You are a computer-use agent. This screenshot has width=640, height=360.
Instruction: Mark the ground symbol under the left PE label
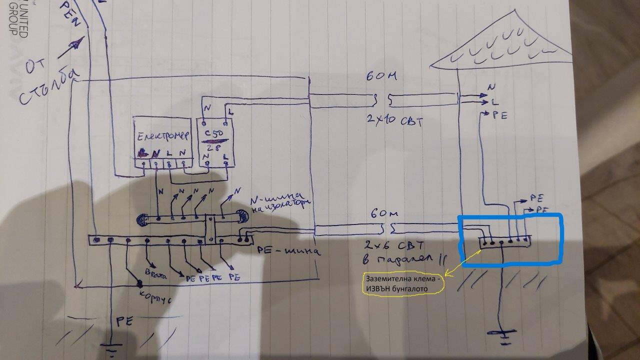[112, 350]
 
